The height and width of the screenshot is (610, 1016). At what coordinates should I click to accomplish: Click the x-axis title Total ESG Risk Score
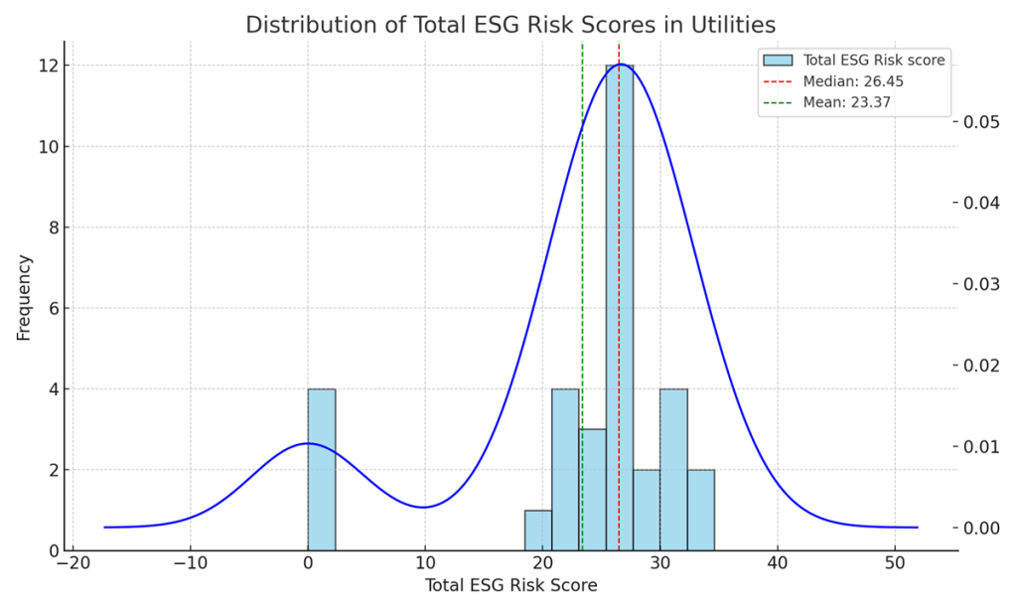(510, 586)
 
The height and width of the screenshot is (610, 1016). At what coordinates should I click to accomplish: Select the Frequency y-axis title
(24, 297)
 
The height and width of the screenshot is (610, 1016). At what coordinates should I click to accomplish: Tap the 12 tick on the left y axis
(48, 66)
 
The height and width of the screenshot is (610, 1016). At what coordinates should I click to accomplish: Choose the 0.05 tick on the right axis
(983, 122)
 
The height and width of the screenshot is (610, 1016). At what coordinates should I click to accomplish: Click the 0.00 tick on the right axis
(983, 528)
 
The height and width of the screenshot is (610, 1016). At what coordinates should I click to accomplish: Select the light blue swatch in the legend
(778, 60)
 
